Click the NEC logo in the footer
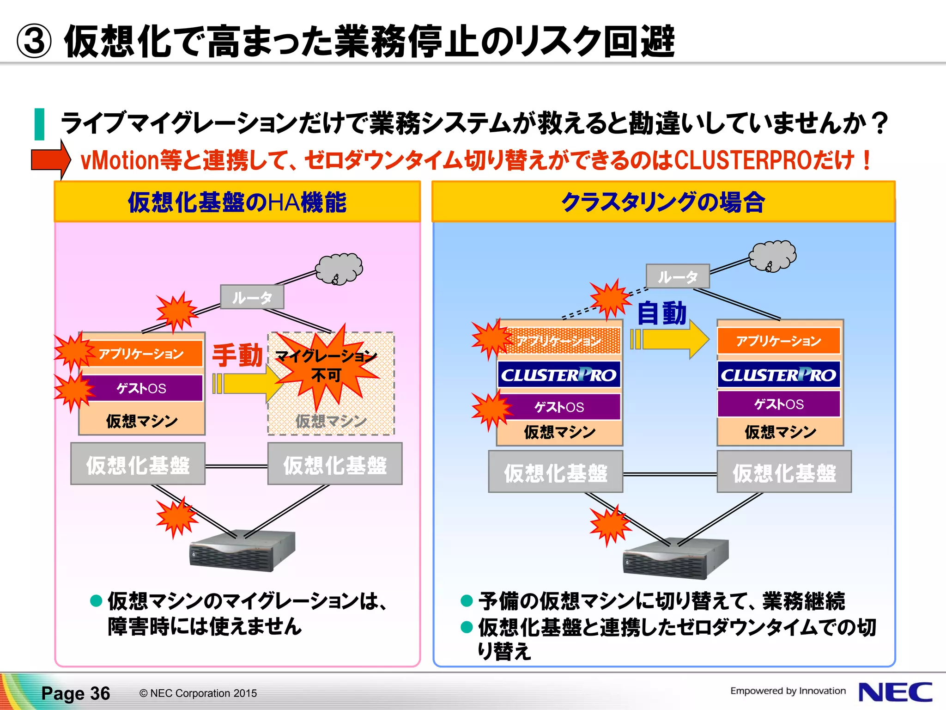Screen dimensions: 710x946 (895, 692)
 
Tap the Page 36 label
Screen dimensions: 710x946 (76, 693)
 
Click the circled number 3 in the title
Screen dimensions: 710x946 (33, 42)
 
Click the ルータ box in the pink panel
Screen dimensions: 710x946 (252, 297)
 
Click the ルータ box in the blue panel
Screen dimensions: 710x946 (678, 276)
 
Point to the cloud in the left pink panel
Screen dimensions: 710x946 (340, 268)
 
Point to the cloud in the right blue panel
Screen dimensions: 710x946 (773, 256)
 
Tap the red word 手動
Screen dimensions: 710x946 (237, 355)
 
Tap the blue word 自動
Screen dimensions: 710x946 (661, 313)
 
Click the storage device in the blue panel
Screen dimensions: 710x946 (675, 558)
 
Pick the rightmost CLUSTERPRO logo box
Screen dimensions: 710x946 (779, 375)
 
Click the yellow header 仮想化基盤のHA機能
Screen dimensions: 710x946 (237, 202)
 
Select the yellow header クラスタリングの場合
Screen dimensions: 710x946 (663, 202)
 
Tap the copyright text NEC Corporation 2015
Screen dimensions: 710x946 (198, 693)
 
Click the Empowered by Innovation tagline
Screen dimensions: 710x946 (788, 691)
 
